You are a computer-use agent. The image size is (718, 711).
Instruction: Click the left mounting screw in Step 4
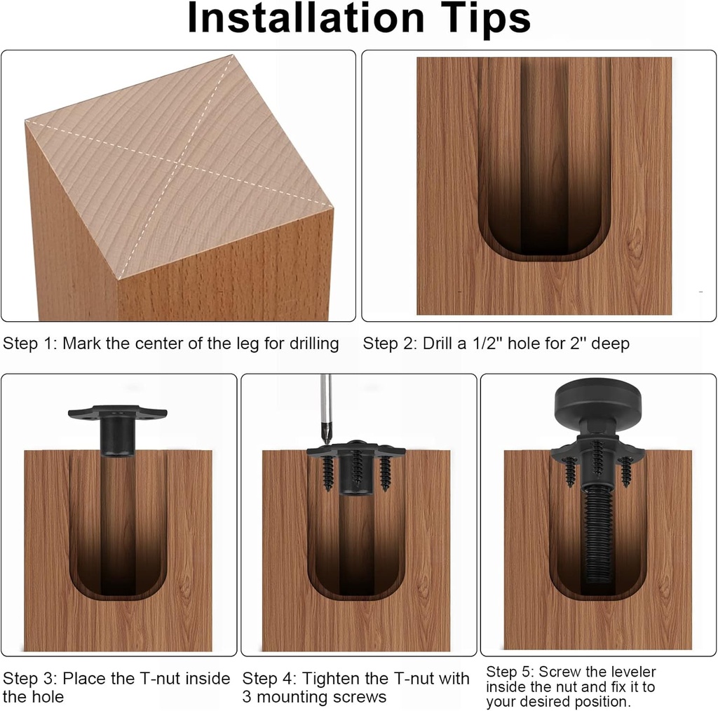tap(327, 473)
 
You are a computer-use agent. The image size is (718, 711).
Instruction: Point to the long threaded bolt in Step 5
tap(597, 533)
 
